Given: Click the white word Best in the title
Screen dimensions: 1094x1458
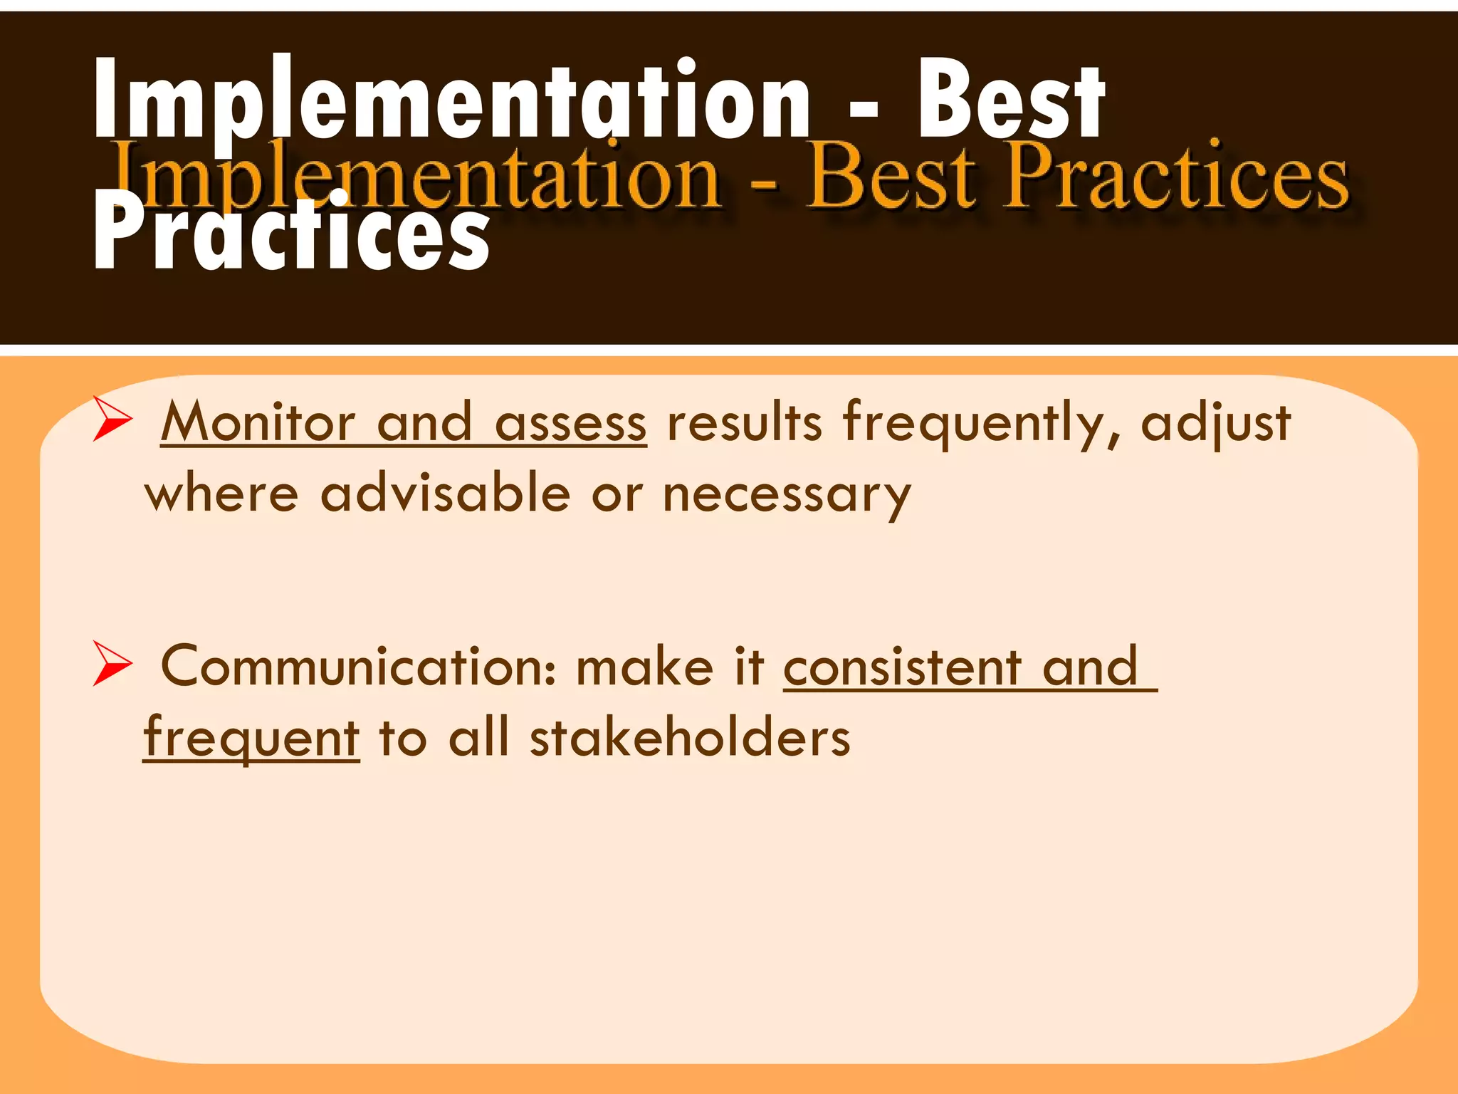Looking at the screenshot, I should [x=1011, y=100].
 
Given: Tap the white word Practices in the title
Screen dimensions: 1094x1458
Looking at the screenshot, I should [x=292, y=231].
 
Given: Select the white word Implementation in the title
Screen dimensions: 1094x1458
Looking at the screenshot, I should [x=452, y=100].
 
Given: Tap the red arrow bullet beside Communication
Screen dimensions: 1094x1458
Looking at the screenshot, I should [x=112, y=664].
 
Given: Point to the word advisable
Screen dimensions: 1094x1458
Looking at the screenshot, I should [x=445, y=494].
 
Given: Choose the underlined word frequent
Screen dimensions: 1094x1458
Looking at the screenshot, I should [x=251, y=738].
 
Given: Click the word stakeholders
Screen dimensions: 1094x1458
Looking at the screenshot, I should [x=690, y=738].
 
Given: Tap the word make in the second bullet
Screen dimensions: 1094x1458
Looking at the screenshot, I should [x=644, y=667].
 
